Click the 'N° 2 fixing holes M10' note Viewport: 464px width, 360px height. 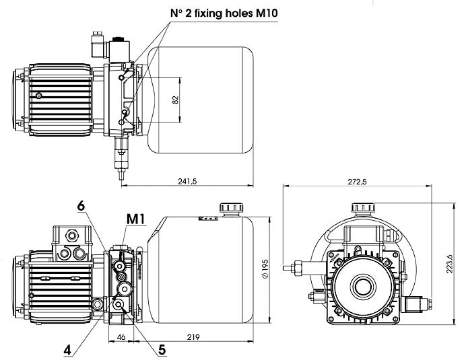224,13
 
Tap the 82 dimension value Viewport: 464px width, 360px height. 176,100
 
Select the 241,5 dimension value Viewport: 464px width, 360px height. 187,181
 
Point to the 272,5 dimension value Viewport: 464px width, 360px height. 357,182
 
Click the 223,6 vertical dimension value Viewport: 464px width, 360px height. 450,263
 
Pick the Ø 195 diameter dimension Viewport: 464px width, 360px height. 265,268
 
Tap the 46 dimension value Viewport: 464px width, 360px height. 121,337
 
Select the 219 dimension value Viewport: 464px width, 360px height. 193,337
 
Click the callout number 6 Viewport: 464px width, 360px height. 81,206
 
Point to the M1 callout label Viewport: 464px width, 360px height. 136,219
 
